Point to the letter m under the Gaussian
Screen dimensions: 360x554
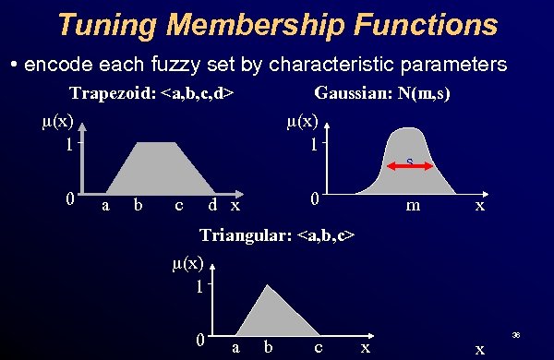pos(415,205)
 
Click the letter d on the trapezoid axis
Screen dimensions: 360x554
pos(212,204)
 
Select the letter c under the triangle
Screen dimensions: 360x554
pos(318,347)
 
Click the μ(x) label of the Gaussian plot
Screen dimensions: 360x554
pos(302,121)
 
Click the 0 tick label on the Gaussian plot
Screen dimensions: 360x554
pos(315,199)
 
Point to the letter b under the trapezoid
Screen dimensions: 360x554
pos(137,204)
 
